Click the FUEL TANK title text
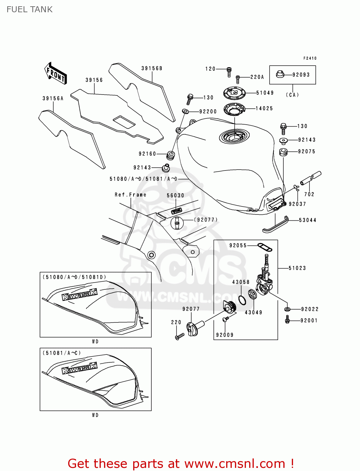(30, 9)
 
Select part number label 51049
(265, 93)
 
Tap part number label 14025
(264, 109)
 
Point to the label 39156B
(152, 68)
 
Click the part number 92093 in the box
(301, 75)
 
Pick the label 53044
(307, 220)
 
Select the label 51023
(297, 268)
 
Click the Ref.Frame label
(130, 195)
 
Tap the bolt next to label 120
(229, 72)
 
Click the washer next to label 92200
(186, 111)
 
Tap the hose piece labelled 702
(310, 178)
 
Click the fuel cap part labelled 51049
(234, 92)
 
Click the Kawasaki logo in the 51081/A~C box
(79, 368)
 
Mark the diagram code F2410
(310, 58)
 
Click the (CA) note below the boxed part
(292, 95)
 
